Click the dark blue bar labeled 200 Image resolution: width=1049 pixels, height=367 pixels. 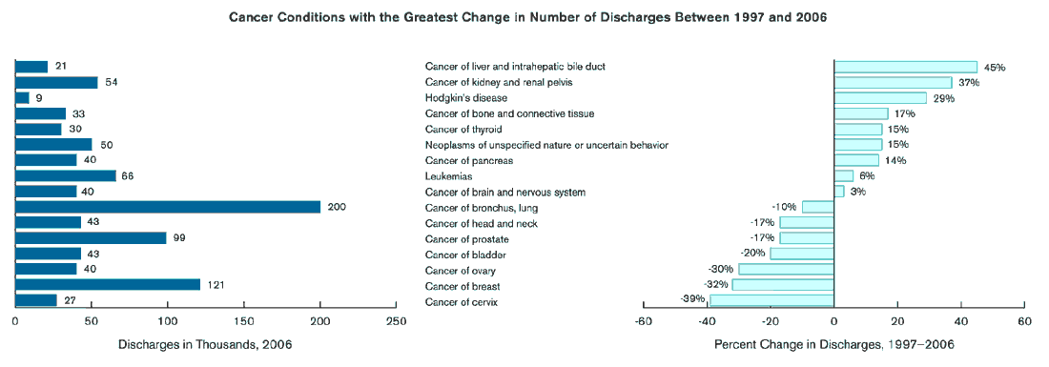[x=168, y=207]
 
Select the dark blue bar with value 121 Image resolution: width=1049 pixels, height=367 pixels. [x=108, y=284]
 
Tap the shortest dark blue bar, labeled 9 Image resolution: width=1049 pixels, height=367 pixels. [x=22, y=97]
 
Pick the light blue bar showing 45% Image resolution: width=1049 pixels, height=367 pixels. [x=905, y=67]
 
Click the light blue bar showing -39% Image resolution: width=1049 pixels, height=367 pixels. [x=771, y=301]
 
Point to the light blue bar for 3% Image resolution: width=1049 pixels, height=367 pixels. [x=839, y=192]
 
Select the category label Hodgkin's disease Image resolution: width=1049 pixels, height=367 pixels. [x=466, y=98]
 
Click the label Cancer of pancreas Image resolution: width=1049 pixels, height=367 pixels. [x=469, y=160]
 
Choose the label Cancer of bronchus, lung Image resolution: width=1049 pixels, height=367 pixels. [x=483, y=208]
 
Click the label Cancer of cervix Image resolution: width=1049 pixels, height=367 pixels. [x=463, y=302]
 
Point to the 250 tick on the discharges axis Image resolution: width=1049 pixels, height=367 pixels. [x=396, y=321]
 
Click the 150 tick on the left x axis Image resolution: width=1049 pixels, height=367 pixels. [x=243, y=321]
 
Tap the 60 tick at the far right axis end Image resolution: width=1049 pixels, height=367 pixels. [x=1023, y=321]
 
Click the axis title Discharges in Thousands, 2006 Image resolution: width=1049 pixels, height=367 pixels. [x=205, y=344]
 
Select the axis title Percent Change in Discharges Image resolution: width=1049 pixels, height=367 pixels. [x=833, y=344]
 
